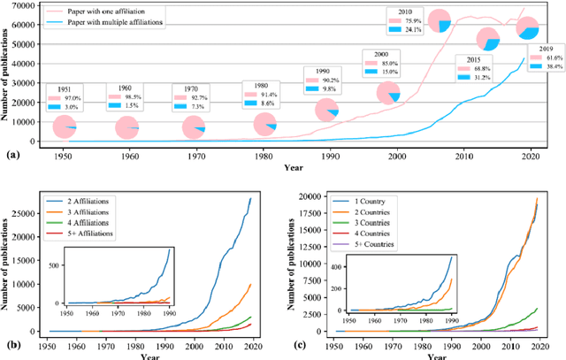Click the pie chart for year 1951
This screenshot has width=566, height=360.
pyautogui.click(x=65, y=127)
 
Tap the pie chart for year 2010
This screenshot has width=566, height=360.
pyautogui.click(x=440, y=19)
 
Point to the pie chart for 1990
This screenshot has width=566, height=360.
pyautogui.click(x=327, y=111)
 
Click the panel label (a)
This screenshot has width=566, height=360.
pyautogui.click(x=11, y=155)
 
